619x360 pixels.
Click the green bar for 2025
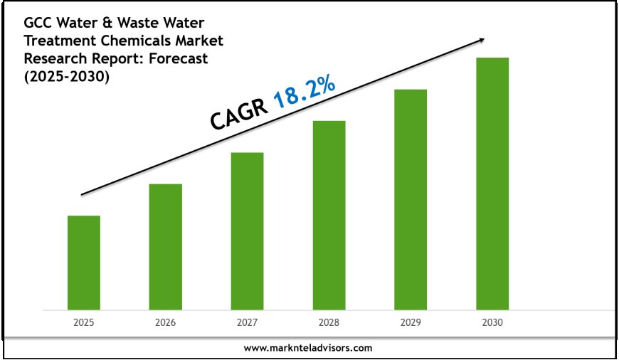[84, 263]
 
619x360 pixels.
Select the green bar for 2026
[165, 247]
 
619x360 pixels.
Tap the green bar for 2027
[247, 231]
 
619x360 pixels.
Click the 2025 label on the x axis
[84, 322]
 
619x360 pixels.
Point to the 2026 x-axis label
[165, 322]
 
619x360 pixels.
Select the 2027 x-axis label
[247, 322]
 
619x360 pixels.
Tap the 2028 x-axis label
[329, 322]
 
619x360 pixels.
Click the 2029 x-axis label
[411, 322]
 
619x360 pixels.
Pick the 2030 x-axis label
[492, 322]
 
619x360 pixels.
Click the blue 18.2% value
[304, 90]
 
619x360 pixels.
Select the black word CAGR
[238, 115]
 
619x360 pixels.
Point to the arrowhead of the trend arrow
[483, 39]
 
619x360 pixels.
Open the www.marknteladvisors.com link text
[308, 348]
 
